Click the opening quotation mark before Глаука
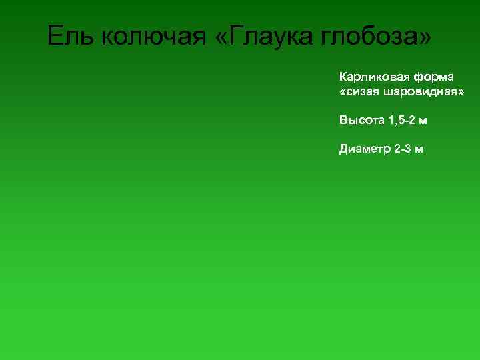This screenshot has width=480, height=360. tap(222, 37)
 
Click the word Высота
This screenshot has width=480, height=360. tap(361, 121)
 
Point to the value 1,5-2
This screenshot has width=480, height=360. tap(401, 121)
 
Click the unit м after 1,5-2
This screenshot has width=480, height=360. tap(423, 121)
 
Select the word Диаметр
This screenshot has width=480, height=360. tap(364, 149)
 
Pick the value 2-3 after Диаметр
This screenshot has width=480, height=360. tap(403, 149)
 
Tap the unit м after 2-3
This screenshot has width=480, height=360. tap(419, 149)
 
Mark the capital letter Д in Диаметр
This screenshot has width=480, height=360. tap(344, 149)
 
